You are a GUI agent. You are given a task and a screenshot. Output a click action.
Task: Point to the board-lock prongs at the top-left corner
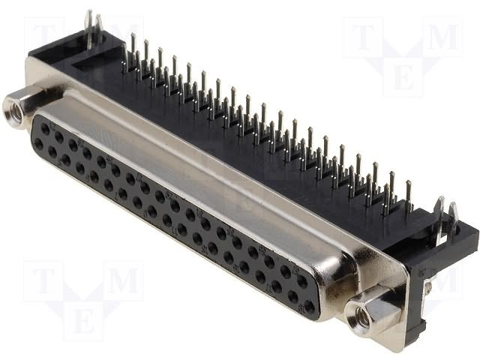(92, 28)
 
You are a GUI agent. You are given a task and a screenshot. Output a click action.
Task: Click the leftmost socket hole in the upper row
(44, 129)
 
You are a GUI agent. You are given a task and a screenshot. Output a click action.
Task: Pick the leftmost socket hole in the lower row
(37, 142)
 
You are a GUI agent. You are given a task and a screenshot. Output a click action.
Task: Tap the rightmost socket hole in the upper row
(302, 280)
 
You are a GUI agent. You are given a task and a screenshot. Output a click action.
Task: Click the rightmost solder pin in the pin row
(409, 197)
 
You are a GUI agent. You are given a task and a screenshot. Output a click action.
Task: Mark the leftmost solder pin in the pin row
(124, 52)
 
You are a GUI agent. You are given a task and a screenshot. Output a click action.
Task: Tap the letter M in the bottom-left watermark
(122, 282)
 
